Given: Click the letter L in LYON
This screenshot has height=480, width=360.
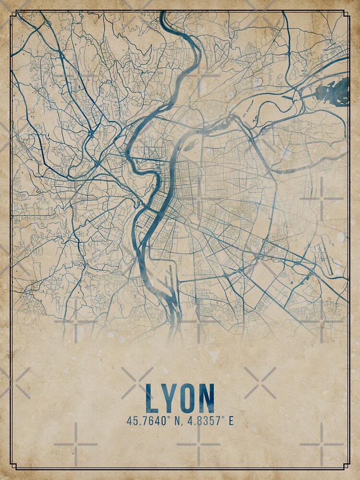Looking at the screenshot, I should pos(152,399).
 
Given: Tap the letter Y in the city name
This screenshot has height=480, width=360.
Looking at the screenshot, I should pos(169,399).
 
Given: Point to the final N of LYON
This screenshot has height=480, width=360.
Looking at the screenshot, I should pos(206,399).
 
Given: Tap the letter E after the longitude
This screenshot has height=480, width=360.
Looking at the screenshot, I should pos(231,421).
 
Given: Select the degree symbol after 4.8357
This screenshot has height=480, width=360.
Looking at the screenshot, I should pos(224,419).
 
